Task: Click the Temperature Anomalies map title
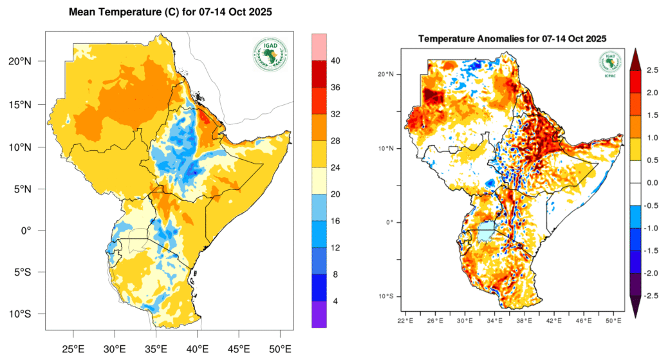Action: pyautogui.click(x=512, y=39)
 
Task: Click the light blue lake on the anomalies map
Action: pyautogui.click(x=487, y=231)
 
